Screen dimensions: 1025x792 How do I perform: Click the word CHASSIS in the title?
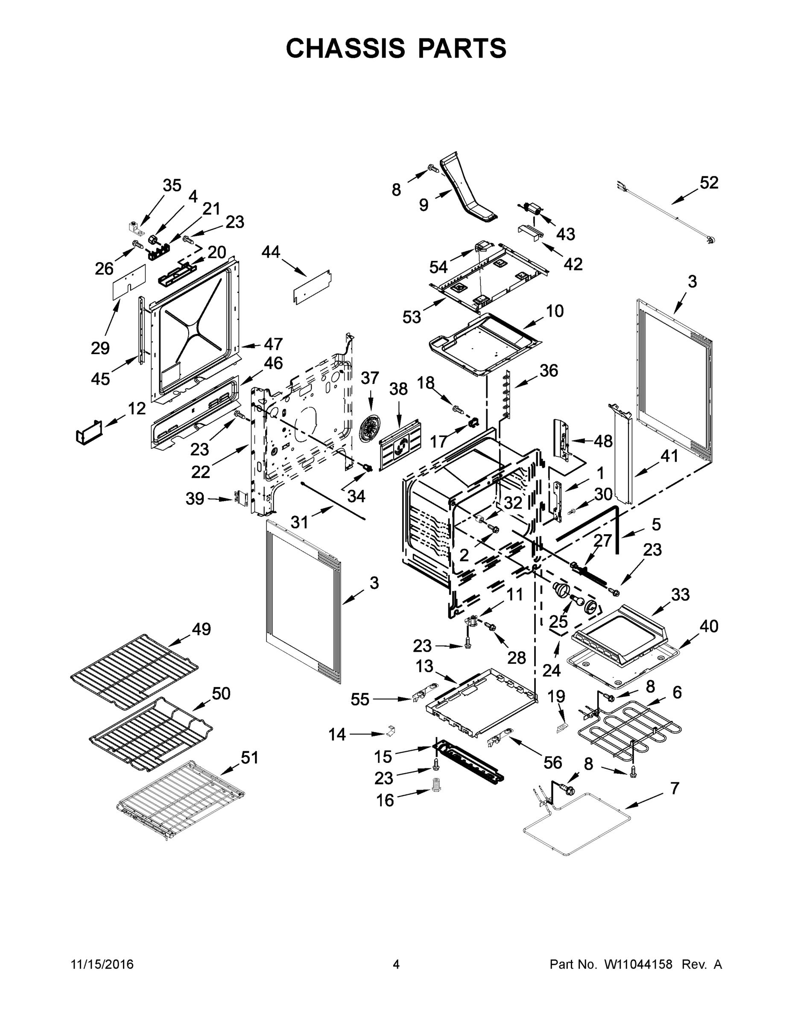pyautogui.click(x=345, y=48)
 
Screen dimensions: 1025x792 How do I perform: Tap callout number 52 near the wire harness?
pyautogui.click(x=708, y=182)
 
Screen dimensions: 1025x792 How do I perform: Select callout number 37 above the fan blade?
pyautogui.click(x=370, y=378)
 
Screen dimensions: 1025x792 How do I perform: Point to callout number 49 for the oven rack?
pyautogui.click(x=201, y=629)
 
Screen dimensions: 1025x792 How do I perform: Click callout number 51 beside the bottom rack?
pyautogui.click(x=249, y=757)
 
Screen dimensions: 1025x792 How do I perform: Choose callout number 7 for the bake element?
pyautogui.click(x=675, y=788)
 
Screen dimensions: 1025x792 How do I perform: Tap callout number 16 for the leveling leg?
pyautogui.click(x=385, y=800)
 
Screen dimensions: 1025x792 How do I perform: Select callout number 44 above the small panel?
pyautogui.click(x=271, y=252)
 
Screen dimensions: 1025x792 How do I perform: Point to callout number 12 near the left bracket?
pyautogui.click(x=137, y=408)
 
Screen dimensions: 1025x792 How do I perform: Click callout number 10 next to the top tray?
pyautogui.click(x=555, y=310)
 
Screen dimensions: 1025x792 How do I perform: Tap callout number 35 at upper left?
pyautogui.click(x=172, y=185)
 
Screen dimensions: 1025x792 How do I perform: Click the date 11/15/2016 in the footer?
pyautogui.click(x=102, y=964)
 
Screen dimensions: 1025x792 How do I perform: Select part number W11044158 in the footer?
pyautogui.click(x=638, y=964)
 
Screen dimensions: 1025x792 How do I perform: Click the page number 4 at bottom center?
pyautogui.click(x=396, y=964)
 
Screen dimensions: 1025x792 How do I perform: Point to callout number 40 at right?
pyautogui.click(x=708, y=626)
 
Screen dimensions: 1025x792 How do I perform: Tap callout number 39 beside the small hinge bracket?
pyautogui.click(x=195, y=498)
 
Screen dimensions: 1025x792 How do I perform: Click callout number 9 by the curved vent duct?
pyautogui.click(x=424, y=205)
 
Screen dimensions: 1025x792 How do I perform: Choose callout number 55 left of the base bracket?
pyautogui.click(x=360, y=699)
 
